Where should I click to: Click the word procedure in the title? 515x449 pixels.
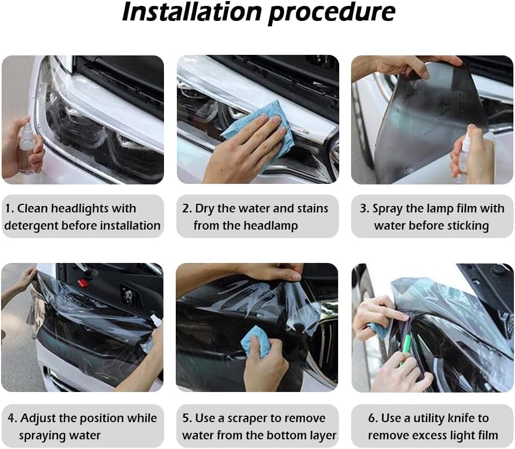[332, 13]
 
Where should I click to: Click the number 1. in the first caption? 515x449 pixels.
[9, 209]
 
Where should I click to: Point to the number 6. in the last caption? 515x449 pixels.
[374, 418]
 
